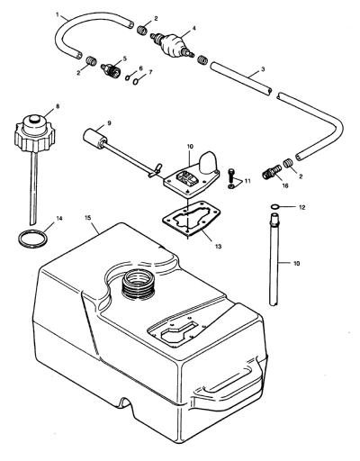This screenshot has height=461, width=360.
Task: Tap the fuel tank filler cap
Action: (x=35, y=132)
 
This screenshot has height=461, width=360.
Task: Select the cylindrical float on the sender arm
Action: (x=94, y=138)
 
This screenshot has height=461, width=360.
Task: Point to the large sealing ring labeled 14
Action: (x=33, y=239)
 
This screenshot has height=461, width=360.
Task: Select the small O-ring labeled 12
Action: (x=275, y=207)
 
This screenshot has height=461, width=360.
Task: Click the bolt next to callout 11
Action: (x=230, y=175)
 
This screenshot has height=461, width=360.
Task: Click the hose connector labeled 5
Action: (x=111, y=69)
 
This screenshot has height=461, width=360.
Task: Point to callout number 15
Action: (x=87, y=217)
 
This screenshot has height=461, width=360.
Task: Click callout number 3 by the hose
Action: (x=263, y=69)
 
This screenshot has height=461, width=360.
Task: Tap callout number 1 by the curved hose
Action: (x=58, y=14)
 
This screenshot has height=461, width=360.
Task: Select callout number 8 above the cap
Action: (x=58, y=106)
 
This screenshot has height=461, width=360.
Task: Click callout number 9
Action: (x=109, y=122)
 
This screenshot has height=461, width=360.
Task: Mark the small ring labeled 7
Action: (x=136, y=81)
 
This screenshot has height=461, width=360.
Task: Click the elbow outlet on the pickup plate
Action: (x=208, y=162)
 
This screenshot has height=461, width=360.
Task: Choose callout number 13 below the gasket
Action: (x=218, y=247)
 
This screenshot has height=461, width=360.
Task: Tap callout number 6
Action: (x=140, y=68)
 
